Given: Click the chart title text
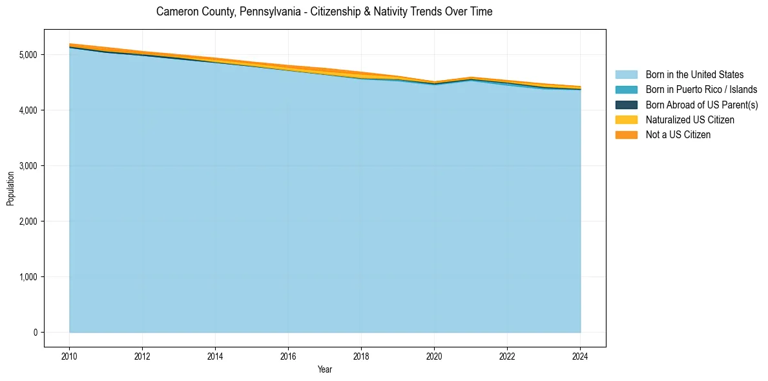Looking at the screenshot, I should (324, 12).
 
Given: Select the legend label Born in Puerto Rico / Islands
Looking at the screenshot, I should (701, 90).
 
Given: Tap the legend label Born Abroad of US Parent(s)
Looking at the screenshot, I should (701, 105).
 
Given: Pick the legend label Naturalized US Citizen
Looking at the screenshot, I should (690, 120).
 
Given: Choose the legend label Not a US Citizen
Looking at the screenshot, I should (678, 135).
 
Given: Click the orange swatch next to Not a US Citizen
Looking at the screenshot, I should (626, 135).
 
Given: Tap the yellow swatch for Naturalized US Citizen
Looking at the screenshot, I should (626, 120).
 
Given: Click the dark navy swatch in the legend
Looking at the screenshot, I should (626, 105).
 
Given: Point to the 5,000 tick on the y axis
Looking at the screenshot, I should (28, 55).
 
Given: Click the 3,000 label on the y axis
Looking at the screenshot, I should (28, 166).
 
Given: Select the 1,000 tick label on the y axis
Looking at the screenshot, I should (28, 277).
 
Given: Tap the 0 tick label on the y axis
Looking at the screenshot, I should (36, 333).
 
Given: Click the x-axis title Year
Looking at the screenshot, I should (325, 369).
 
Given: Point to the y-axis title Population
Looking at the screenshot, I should (10, 188).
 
